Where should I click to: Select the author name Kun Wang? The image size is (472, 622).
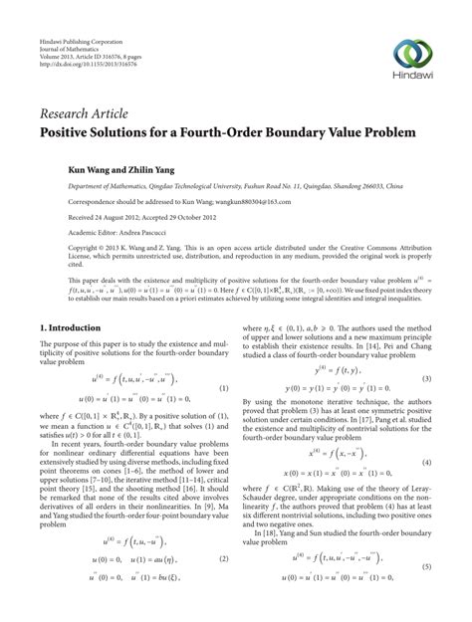89,170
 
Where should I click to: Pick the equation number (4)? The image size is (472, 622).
426,463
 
